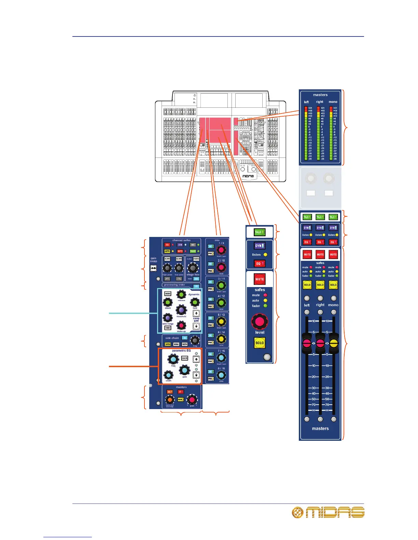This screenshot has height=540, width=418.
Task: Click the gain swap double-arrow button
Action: point(153,269)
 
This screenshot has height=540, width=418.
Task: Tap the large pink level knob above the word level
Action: point(260,321)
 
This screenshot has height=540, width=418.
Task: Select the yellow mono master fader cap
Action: point(334,343)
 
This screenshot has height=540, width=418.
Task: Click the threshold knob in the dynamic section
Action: point(181,310)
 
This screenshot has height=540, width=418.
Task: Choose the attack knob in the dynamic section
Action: point(168,302)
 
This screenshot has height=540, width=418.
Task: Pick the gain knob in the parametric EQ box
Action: point(184,370)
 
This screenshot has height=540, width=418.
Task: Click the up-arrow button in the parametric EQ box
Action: point(196,359)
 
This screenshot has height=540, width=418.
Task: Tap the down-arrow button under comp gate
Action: point(196,326)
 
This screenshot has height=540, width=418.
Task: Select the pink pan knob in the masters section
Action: point(192,400)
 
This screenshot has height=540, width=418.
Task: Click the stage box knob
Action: point(193,268)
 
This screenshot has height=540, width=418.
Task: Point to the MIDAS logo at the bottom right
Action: point(328,512)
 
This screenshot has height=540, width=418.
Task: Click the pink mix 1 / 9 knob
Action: point(221,250)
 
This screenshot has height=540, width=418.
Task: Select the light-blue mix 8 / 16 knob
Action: point(221,375)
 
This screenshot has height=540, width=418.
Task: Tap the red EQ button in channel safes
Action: point(167,245)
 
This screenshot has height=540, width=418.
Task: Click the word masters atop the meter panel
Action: point(320,95)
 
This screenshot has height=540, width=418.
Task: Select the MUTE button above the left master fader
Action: point(307,254)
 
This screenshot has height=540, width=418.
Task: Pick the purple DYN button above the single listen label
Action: point(259,246)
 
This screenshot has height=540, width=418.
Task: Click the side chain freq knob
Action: point(195,340)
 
